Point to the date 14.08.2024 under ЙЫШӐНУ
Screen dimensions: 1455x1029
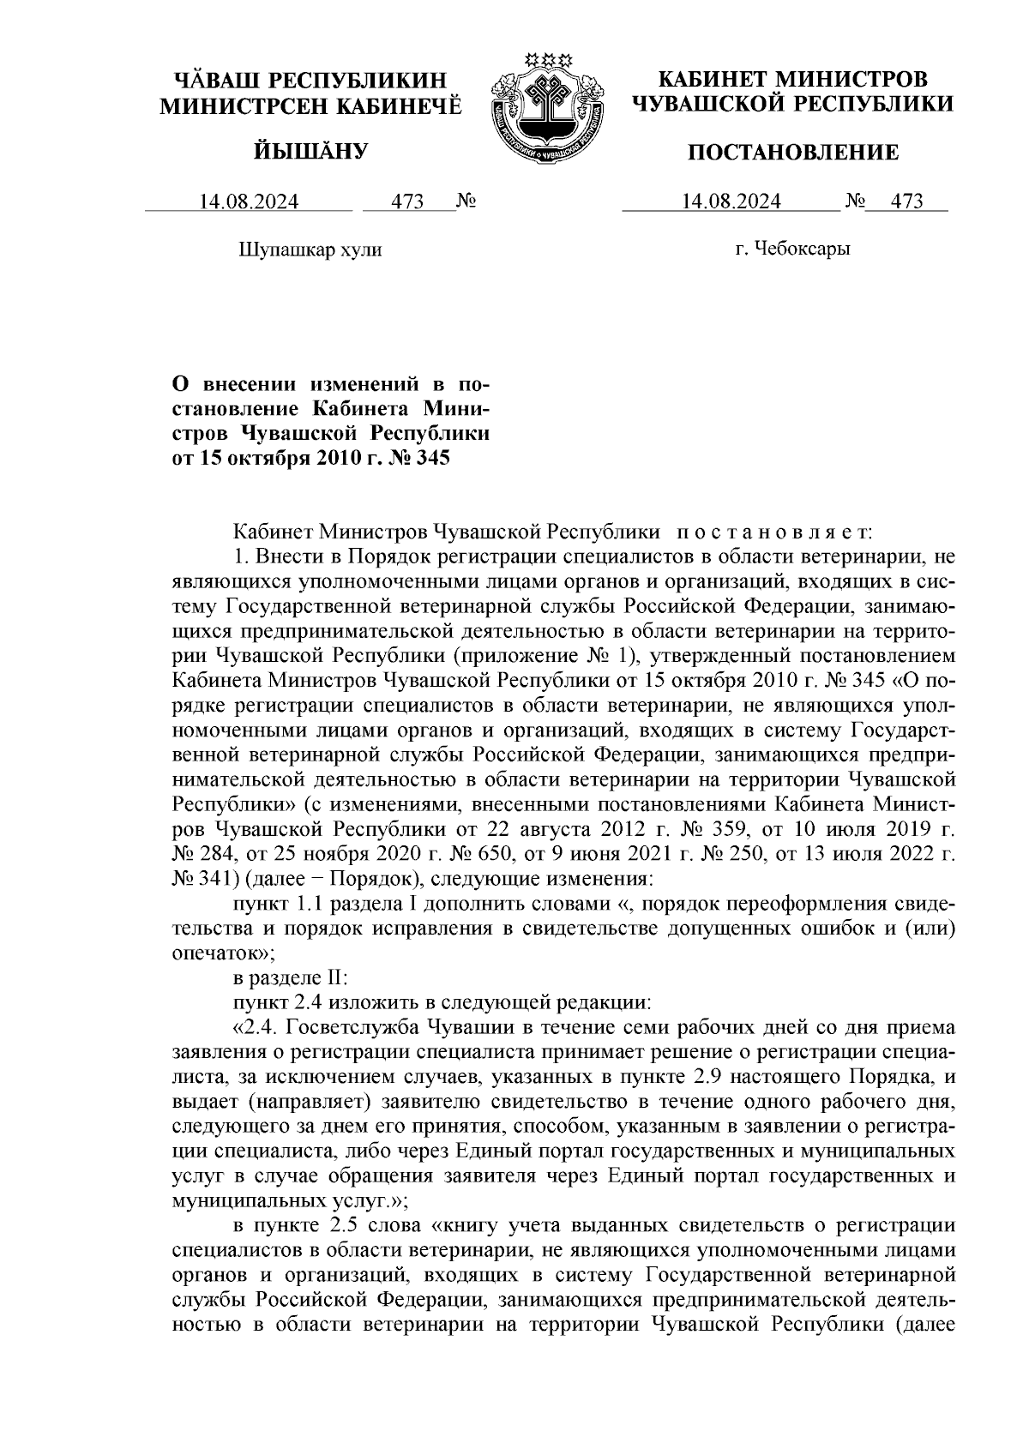pyautogui.click(x=249, y=201)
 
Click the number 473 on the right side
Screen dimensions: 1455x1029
pyautogui.click(x=906, y=201)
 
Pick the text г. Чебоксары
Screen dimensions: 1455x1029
pyautogui.click(x=793, y=250)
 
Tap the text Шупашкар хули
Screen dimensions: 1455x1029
pyautogui.click(x=309, y=250)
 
